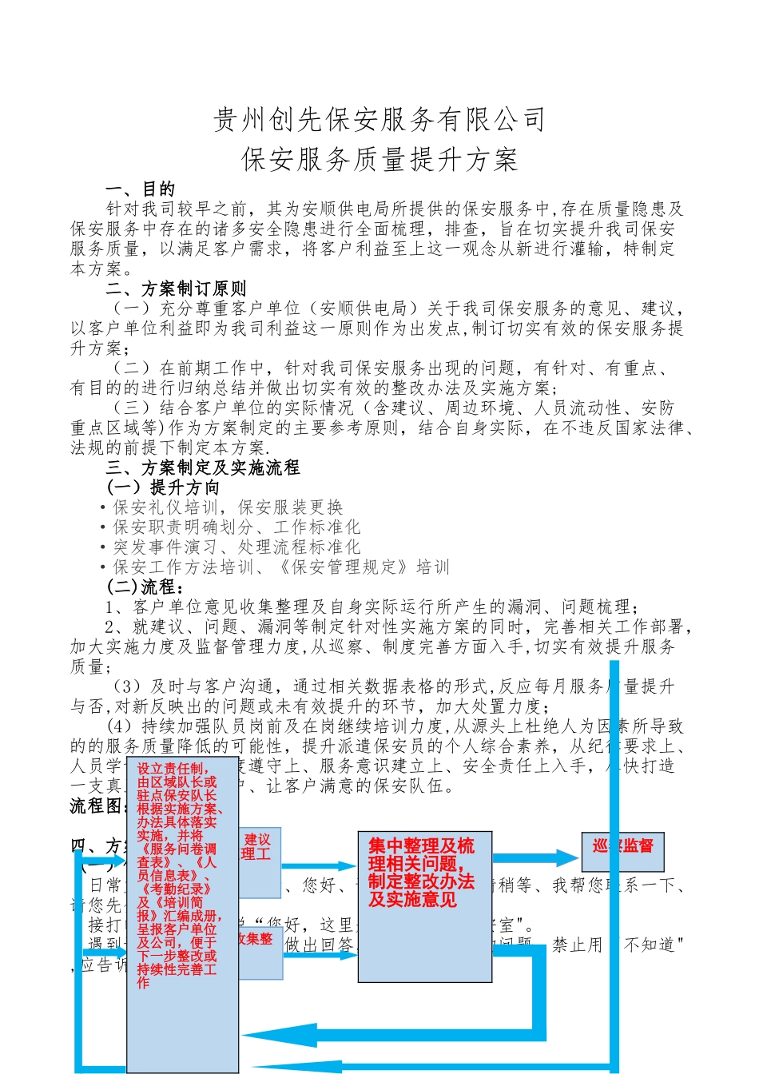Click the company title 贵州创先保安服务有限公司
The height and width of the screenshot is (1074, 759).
pyautogui.click(x=379, y=120)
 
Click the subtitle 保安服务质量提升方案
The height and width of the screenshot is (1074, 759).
pyautogui.click(x=379, y=159)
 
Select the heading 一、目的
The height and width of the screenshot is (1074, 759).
pyautogui.click(x=140, y=189)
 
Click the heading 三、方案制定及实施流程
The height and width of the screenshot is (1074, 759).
pyautogui.click(x=203, y=467)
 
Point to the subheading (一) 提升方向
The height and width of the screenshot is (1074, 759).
pyautogui.click(x=163, y=487)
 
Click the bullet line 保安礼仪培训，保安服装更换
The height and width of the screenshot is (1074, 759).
pyautogui.click(x=228, y=507)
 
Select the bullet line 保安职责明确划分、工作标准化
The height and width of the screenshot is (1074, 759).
pyautogui.click(x=236, y=527)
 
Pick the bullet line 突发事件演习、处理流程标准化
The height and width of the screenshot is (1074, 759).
pyautogui.click(x=236, y=547)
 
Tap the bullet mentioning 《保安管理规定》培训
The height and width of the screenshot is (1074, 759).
pyautogui.click(x=281, y=567)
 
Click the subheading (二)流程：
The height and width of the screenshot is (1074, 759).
pyautogui.click(x=145, y=587)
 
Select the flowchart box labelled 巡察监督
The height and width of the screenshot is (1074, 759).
pyautogui.click(x=622, y=846)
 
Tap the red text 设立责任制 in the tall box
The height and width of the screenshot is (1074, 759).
pyautogui.click(x=173, y=769)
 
